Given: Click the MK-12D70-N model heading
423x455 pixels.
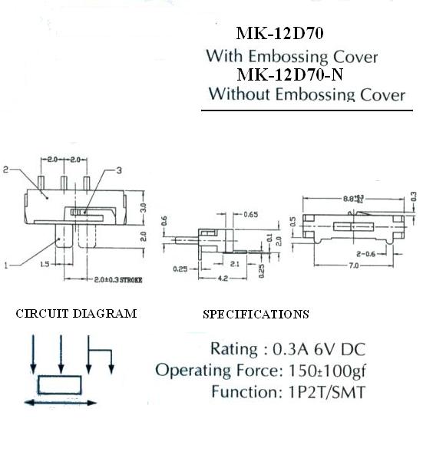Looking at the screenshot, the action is tap(289, 74).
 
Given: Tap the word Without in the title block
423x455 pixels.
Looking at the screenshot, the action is tap(240, 94).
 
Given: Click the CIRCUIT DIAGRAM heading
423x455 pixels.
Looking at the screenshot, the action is tap(76, 313).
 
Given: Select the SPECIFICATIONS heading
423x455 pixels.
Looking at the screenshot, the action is tap(256, 314).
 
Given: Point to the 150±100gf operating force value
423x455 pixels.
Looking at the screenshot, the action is tap(327, 371).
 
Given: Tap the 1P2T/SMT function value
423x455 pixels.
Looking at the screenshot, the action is tap(326, 392).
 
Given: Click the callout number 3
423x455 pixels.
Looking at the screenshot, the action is tap(119, 170).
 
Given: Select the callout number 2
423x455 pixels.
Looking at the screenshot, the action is tap(6, 170).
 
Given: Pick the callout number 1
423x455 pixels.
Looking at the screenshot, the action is tap(6, 265).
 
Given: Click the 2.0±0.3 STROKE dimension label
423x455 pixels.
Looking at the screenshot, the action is tap(118, 280).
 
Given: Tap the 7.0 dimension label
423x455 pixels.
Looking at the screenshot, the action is tap(353, 265).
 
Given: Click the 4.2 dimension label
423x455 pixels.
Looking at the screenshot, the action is tap(223, 278).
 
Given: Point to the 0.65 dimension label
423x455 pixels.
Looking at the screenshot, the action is tap(250, 214).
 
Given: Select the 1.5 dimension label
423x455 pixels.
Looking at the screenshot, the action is tap(45, 264).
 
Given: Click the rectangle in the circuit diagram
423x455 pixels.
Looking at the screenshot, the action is tap(60, 384).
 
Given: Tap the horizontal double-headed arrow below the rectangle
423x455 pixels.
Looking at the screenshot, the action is tap(61, 403).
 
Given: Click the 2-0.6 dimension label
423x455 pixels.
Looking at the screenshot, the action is tap(365, 254).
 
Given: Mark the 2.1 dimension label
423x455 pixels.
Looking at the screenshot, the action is tap(234, 264).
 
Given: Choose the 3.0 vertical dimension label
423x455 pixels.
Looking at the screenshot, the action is tap(143, 208).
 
